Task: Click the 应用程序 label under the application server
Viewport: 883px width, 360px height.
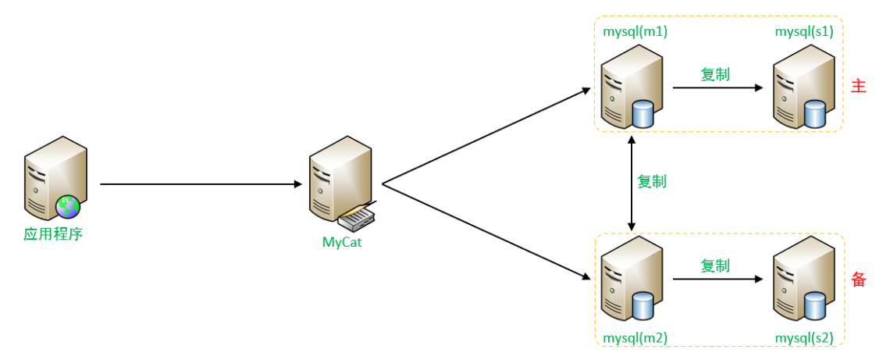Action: point(54,233)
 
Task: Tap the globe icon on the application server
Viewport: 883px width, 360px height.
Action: point(68,207)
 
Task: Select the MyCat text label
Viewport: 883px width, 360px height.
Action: point(343,242)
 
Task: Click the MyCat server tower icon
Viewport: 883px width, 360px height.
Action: point(340,183)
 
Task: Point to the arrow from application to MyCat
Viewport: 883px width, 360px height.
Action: point(203,184)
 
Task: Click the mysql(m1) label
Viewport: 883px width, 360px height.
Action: point(636,32)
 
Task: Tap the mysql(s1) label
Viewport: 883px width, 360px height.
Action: point(803,32)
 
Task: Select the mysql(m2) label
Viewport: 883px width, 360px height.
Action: point(636,338)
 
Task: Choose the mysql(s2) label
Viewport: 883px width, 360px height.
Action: point(803,338)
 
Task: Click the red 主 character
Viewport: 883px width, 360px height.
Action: point(858,87)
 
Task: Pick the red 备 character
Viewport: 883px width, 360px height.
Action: point(858,280)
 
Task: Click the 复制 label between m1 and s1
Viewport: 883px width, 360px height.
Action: point(715,74)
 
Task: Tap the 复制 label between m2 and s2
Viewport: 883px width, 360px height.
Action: point(715,266)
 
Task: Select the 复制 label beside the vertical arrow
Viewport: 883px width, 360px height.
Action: point(652,181)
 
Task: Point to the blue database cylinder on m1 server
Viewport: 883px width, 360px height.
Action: point(643,113)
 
